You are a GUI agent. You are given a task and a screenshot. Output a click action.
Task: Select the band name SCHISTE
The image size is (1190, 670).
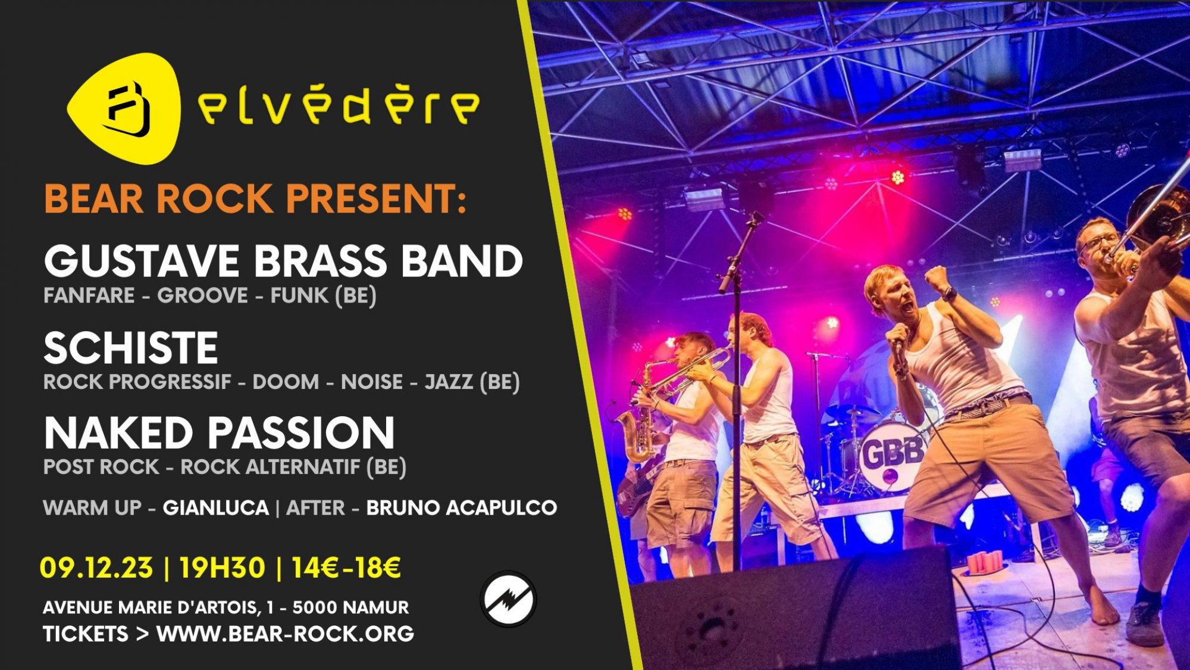click(131, 348)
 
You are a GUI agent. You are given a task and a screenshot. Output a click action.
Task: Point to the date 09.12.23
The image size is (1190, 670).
click(96, 568)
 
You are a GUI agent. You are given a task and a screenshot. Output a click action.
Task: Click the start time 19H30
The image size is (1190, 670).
click(222, 568)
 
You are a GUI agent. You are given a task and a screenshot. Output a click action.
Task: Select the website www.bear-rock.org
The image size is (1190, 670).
click(285, 634)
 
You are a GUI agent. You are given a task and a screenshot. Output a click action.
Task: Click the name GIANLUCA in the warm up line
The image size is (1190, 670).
click(216, 508)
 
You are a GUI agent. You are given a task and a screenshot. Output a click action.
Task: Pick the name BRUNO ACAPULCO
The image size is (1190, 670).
click(462, 508)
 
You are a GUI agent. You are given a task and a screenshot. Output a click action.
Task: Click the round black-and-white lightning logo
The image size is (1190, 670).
click(508, 599)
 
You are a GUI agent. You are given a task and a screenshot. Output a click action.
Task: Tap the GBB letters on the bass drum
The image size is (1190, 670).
click(892, 454)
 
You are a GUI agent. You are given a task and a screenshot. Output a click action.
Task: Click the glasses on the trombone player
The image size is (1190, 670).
click(1098, 242)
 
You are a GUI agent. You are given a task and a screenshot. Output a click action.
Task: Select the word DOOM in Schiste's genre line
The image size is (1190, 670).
click(286, 382)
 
